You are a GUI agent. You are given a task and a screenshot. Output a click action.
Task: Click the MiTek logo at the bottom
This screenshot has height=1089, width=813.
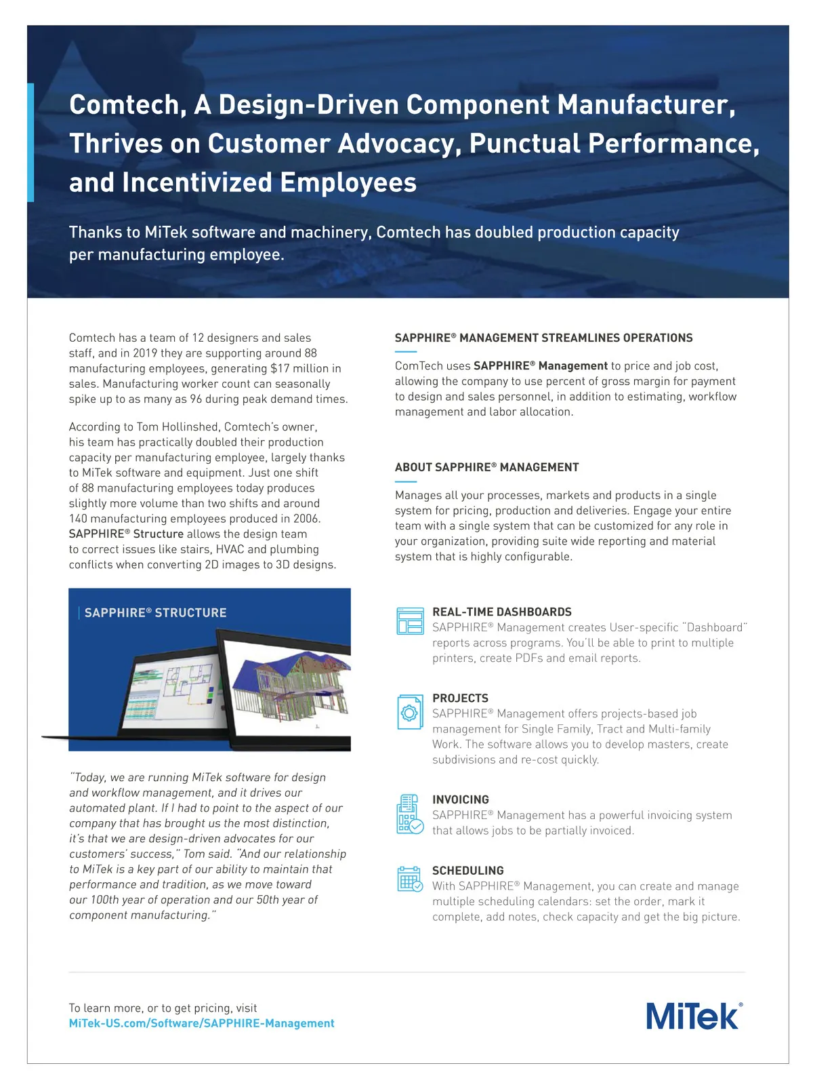(x=694, y=1016)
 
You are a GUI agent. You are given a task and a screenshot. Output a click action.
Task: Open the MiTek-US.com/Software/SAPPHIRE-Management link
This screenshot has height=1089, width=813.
(x=201, y=1023)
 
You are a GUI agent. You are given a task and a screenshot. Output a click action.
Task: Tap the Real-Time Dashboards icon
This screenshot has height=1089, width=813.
(x=409, y=620)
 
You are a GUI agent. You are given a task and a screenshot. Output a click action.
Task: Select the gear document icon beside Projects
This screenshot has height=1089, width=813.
(x=409, y=712)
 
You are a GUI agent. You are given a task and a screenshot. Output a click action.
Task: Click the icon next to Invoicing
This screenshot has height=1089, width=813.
(x=409, y=814)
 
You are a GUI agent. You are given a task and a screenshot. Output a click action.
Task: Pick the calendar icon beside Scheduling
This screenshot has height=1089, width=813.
(x=409, y=879)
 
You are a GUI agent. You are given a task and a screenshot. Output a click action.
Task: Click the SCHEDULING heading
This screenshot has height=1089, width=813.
(x=467, y=871)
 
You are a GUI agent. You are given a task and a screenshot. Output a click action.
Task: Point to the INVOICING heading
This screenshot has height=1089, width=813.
(x=460, y=800)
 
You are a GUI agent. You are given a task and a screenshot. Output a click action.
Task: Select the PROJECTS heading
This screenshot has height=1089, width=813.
(x=460, y=698)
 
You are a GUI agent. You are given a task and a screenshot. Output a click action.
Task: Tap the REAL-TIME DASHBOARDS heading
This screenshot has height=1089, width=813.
(x=501, y=612)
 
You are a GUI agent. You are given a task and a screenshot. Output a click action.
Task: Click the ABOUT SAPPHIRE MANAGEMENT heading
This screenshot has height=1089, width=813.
(x=486, y=467)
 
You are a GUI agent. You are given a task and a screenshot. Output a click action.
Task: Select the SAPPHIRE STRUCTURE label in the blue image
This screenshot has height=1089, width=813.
(x=155, y=613)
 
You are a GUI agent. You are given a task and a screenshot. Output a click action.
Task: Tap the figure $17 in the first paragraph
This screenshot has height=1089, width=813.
(x=280, y=368)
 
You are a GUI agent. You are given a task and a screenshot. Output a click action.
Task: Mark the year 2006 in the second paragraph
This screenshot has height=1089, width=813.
(x=306, y=519)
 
